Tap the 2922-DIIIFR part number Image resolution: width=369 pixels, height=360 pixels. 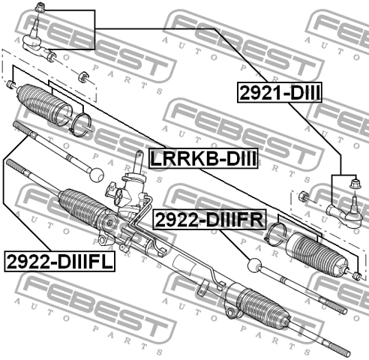coord(209,220)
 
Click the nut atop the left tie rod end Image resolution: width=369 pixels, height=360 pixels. coord(41,9)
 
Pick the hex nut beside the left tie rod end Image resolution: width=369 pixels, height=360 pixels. coord(85,75)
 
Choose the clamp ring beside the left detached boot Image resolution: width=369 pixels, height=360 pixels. coord(81,122)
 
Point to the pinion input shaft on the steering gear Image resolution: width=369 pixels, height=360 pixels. coord(139,160)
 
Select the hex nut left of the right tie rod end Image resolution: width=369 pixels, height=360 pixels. coord(302,197)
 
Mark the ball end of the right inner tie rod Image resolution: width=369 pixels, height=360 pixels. coord(254,265)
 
